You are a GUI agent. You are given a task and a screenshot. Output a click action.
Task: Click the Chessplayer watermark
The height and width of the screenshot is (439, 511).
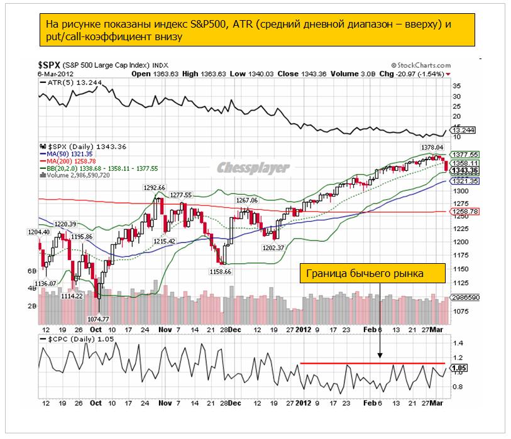(x=253, y=168)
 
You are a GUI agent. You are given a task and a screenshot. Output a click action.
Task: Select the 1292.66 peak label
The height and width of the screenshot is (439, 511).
(x=153, y=187)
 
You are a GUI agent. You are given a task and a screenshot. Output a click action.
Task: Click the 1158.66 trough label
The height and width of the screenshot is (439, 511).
(x=219, y=272)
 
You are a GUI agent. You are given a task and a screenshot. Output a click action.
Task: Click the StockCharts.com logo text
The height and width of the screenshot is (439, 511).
(x=420, y=65)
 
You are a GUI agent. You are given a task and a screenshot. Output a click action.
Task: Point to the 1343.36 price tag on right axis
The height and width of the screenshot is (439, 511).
(x=466, y=170)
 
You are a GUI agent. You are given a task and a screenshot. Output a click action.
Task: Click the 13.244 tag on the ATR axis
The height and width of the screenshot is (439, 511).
(x=464, y=131)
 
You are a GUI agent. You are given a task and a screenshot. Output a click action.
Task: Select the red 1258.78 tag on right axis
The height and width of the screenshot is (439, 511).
(x=466, y=212)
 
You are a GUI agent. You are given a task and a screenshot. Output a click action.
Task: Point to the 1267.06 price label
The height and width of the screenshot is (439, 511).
(x=247, y=200)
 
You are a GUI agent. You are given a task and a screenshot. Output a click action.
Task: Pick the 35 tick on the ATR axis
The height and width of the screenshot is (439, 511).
(x=456, y=85)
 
